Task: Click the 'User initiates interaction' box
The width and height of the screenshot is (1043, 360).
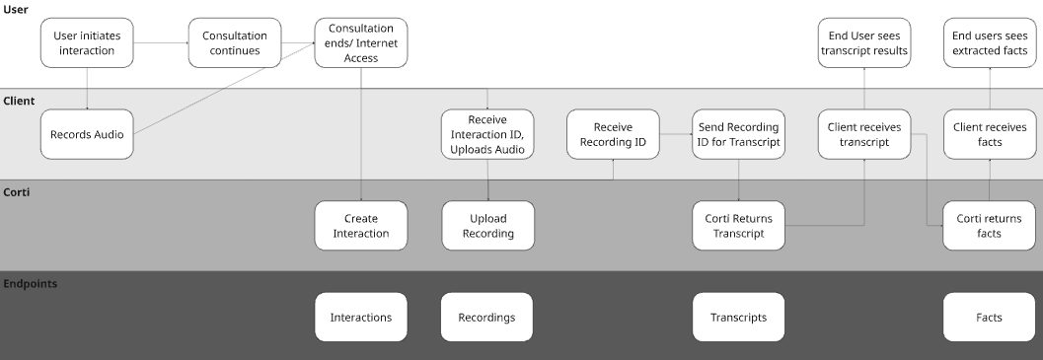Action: (x=87, y=43)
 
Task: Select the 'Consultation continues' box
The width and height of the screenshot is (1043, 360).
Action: (x=235, y=43)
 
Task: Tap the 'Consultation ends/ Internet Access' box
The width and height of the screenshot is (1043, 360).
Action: (x=361, y=43)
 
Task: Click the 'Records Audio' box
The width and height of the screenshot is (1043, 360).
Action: (x=87, y=134)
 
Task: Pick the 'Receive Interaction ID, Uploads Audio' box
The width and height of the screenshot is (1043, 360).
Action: (x=487, y=134)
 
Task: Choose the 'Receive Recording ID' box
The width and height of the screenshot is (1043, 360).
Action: (x=613, y=134)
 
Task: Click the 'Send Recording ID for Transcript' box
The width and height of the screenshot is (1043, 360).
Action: (x=739, y=134)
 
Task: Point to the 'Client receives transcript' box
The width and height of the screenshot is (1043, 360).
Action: (x=864, y=134)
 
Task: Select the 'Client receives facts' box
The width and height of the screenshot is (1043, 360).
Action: (x=990, y=134)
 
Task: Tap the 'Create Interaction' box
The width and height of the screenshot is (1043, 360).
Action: (x=361, y=226)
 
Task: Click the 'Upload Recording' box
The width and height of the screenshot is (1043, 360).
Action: (x=487, y=226)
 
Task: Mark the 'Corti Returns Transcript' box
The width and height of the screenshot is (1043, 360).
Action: (x=739, y=226)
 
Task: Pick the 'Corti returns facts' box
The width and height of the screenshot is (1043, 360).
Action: (x=990, y=226)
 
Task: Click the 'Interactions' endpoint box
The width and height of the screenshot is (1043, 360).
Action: (x=361, y=318)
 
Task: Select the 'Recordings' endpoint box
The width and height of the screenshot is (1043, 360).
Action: (x=487, y=318)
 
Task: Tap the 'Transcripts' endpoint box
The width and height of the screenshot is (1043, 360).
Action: (x=739, y=318)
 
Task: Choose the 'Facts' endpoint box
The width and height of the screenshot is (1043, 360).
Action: (x=990, y=318)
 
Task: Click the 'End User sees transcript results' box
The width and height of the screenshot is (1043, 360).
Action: (x=864, y=43)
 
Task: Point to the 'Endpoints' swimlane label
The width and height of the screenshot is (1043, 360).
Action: (x=30, y=283)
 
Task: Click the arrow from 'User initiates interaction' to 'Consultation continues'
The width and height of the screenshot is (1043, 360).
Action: (x=161, y=43)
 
